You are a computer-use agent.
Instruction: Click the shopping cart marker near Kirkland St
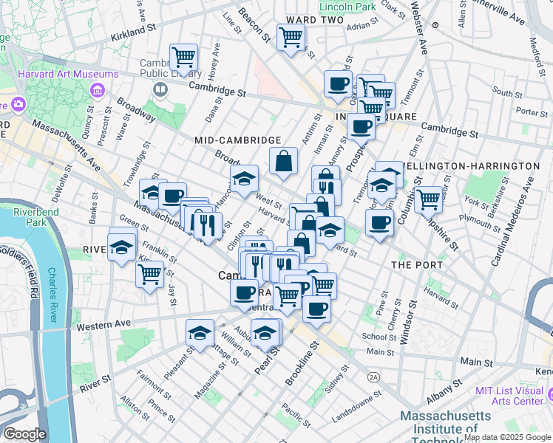pos(183,57)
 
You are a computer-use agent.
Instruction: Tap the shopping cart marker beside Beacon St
pos(291,36)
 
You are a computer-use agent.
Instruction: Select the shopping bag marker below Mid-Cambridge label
pos(283,161)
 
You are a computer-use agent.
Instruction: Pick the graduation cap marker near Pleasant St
pos(200,333)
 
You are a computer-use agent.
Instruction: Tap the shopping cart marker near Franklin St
pos(149,275)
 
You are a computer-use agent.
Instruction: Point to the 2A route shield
pos(373,377)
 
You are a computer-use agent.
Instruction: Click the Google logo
pos(24,434)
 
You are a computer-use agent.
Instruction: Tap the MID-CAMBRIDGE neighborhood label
pos(237,140)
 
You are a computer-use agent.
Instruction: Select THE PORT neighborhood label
pos(416,264)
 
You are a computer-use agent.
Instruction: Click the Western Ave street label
pos(102,325)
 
